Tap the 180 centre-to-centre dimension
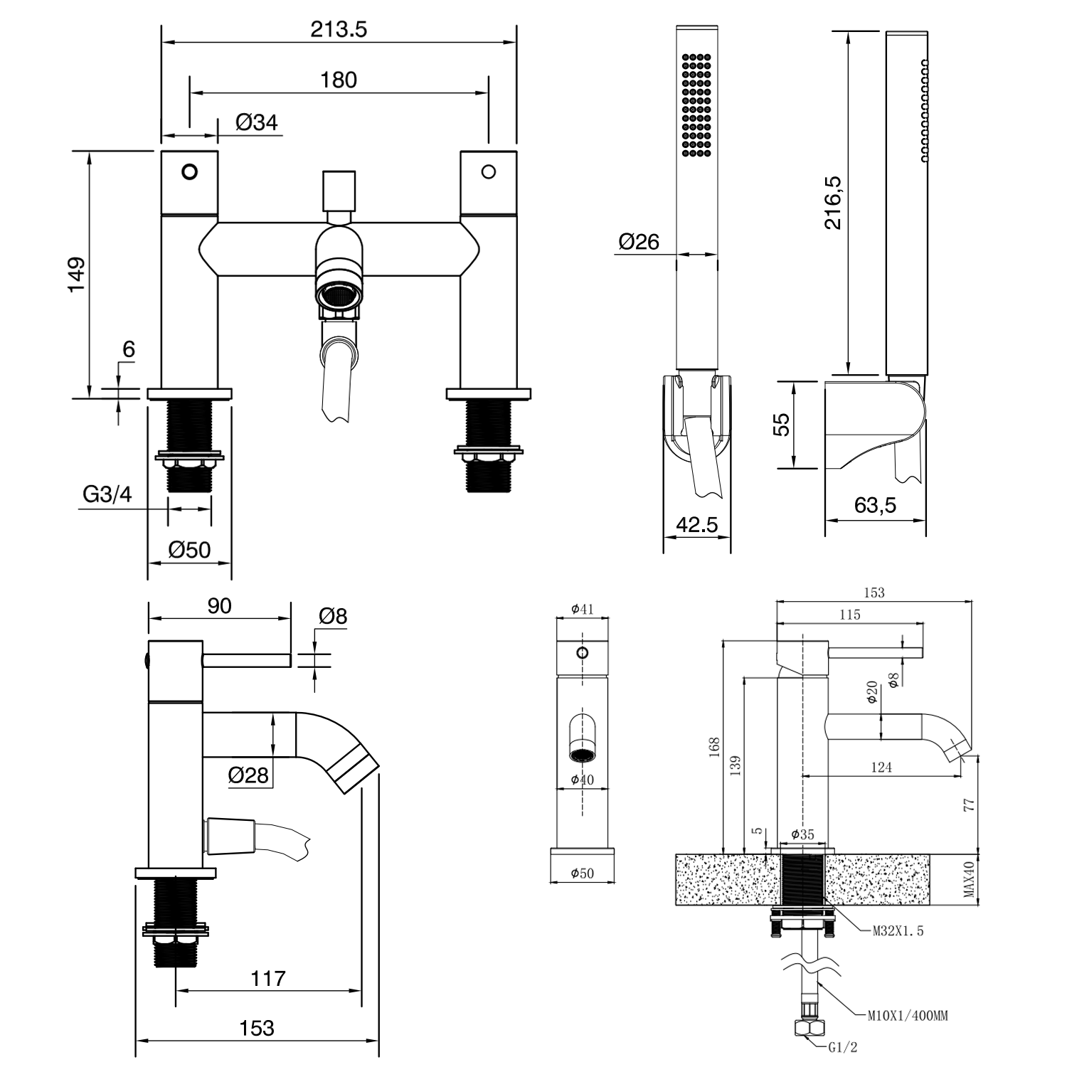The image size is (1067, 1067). point(339,80)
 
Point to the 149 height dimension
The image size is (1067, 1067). point(76,274)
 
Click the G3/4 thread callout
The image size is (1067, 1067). point(107,494)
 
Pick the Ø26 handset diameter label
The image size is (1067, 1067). point(639,242)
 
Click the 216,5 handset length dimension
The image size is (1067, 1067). point(833,203)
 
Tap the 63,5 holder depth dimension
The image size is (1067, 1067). point(875,505)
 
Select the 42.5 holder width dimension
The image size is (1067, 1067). point(696,524)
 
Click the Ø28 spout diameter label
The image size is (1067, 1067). point(248,775)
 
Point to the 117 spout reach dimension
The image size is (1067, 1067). point(267,978)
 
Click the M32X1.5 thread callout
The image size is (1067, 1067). point(898,930)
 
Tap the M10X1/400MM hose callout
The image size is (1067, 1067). point(907,1016)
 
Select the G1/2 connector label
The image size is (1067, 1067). point(843,1047)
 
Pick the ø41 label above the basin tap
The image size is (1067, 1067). point(582,609)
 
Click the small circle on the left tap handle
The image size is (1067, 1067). point(189,171)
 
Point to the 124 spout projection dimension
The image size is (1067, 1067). point(881,767)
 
